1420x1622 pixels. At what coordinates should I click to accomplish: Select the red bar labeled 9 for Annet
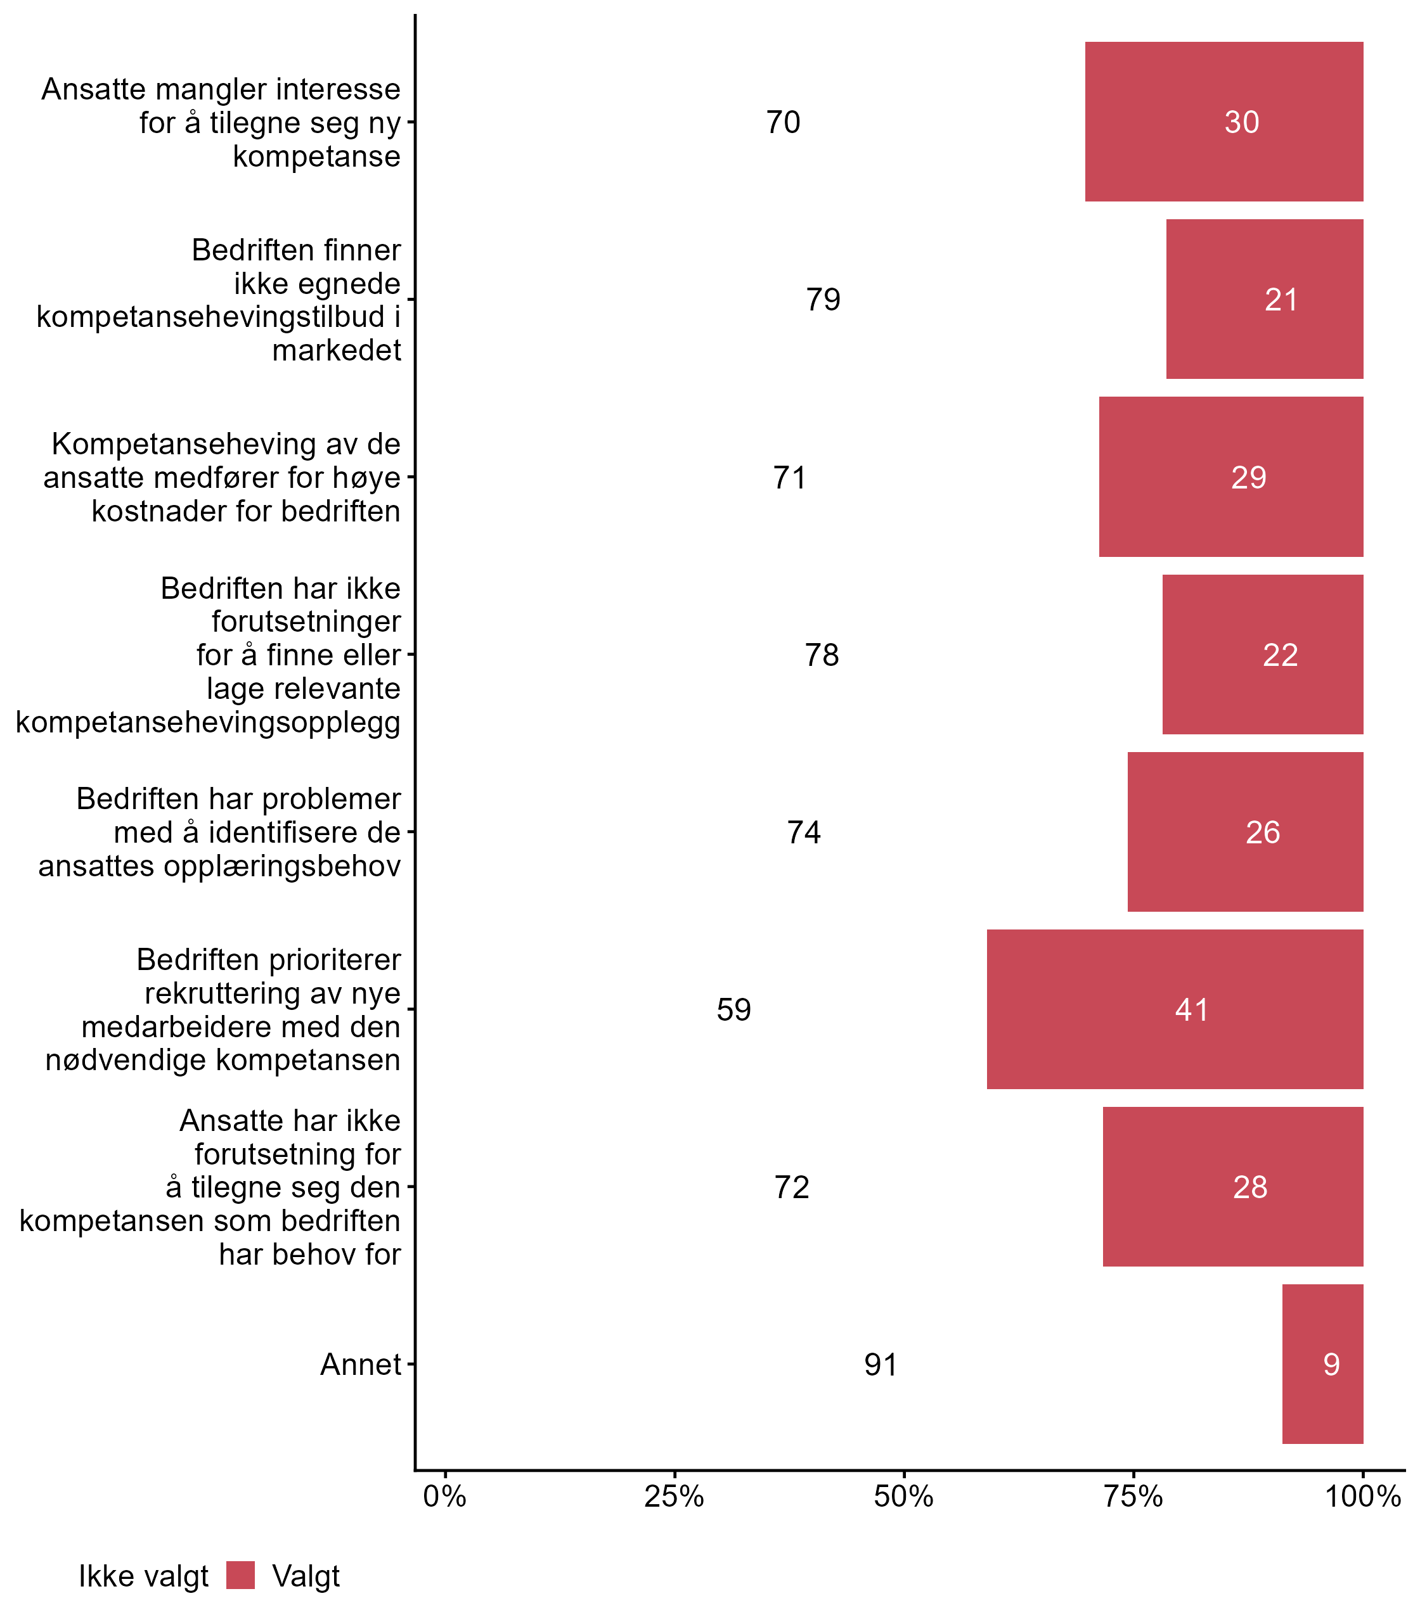(1322, 1363)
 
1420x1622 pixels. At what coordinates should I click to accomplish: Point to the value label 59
(734, 1010)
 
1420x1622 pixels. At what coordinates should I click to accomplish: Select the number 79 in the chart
(823, 299)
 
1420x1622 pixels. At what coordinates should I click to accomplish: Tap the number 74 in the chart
(804, 833)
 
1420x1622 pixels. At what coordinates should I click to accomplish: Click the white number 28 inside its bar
(1249, 1187)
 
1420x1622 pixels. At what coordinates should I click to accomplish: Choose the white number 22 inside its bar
(1280, 655)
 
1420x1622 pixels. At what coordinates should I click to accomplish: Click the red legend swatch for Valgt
(240, 1575)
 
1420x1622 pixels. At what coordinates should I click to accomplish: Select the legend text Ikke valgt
(143, 1576)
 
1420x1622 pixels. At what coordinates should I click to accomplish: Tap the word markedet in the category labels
(337, 350)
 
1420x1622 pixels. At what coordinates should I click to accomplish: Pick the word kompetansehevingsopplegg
(209, 722)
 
